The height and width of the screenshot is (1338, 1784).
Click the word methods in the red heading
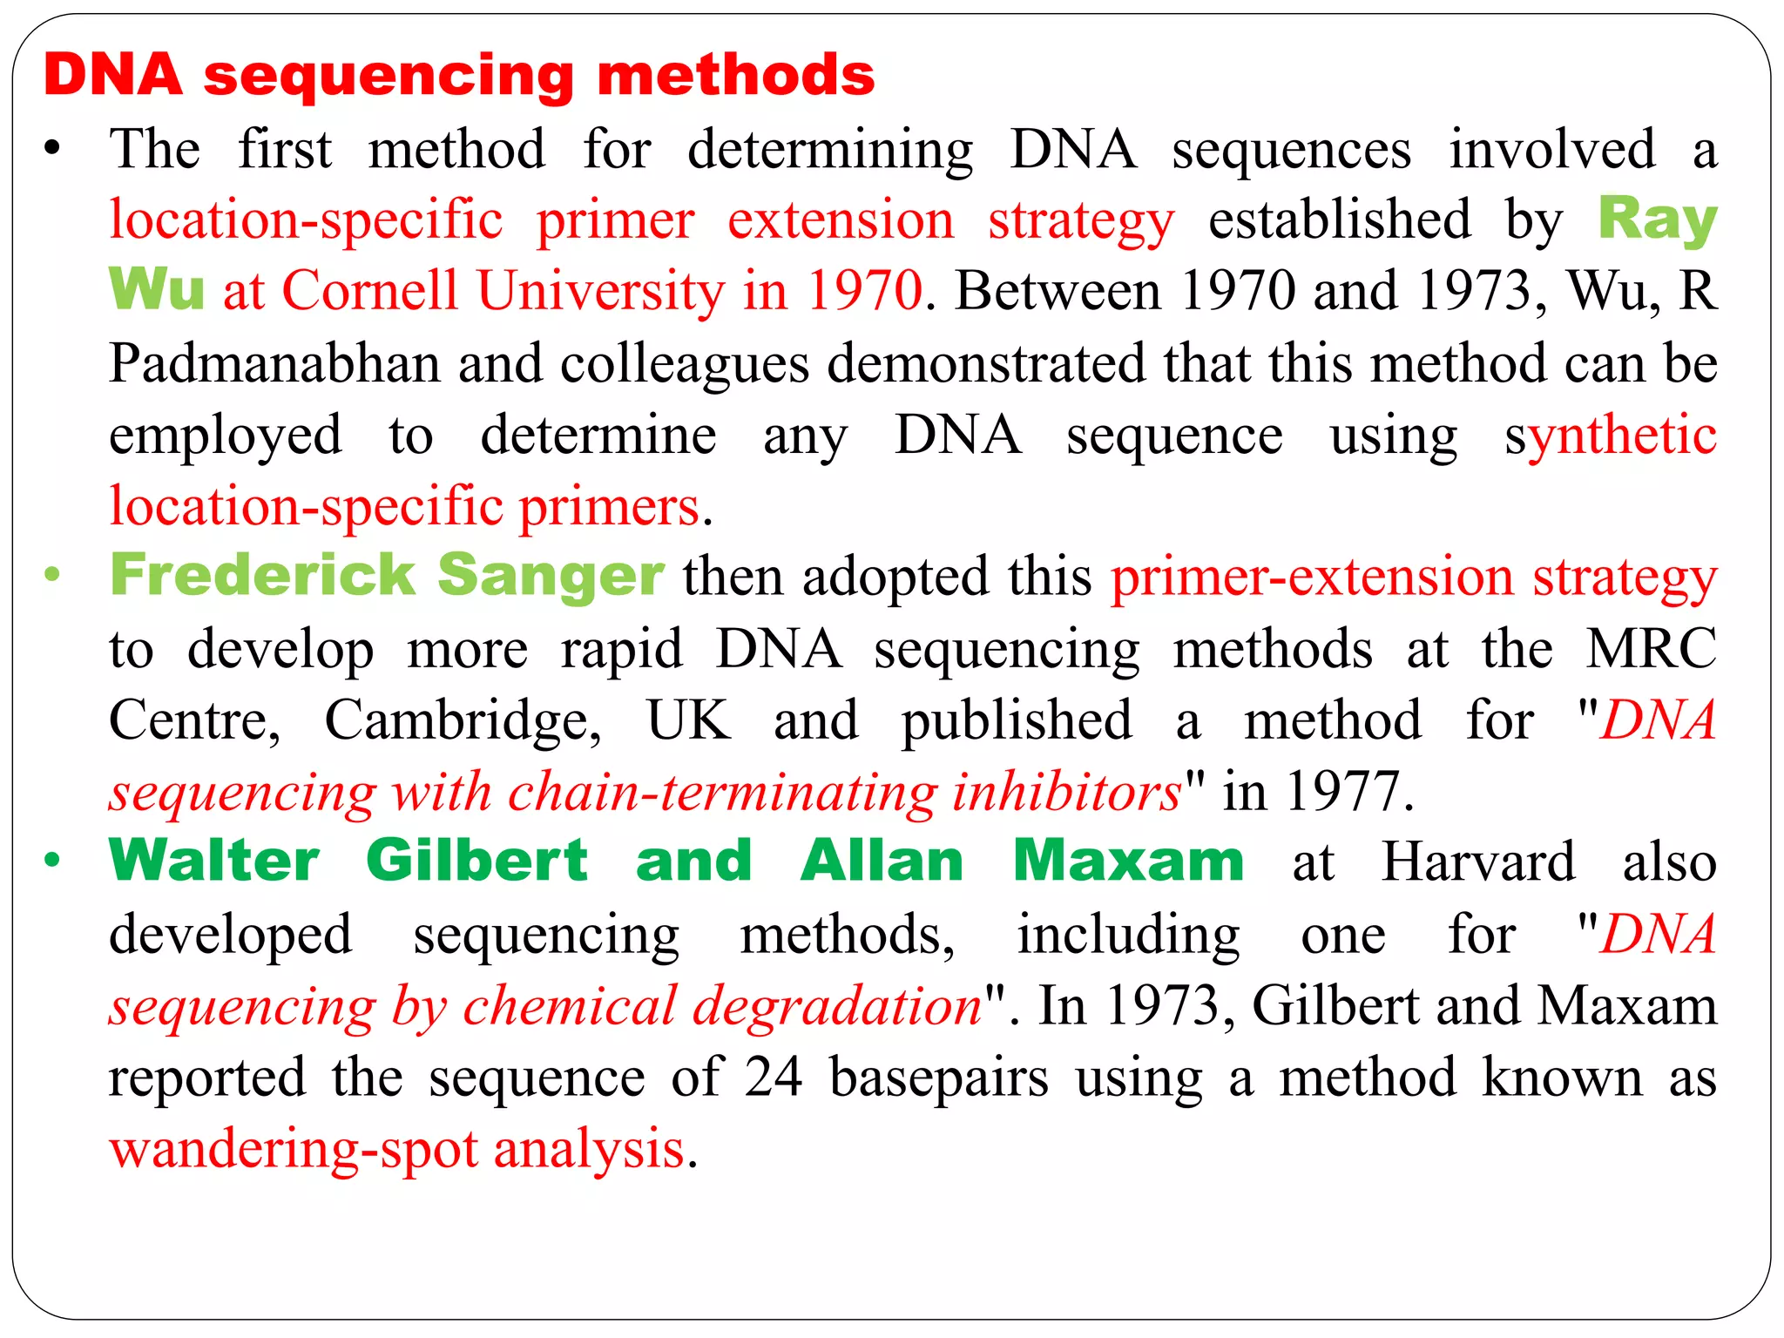(736, 75)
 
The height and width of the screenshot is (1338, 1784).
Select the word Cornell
(370, 290)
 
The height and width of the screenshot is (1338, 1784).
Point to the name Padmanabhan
(274, 363)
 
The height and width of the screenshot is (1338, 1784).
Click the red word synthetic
(1611, 435)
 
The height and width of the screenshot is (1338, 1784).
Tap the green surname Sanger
(551, 576)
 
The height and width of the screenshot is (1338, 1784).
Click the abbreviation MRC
(1651, 649)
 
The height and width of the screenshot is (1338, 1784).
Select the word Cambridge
(463, 721)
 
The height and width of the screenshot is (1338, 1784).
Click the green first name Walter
(214, 862)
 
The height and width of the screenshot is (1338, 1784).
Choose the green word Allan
(882, 862)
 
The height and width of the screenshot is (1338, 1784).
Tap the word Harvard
(1478, 862)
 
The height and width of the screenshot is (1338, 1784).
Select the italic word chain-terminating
(722, 792)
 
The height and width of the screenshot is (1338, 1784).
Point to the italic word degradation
(837, 1006)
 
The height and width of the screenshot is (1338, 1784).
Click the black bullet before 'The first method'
(52, 148)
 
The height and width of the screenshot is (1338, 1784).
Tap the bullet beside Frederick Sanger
(52, 575)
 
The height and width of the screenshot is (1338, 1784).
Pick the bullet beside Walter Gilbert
(52, 861)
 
